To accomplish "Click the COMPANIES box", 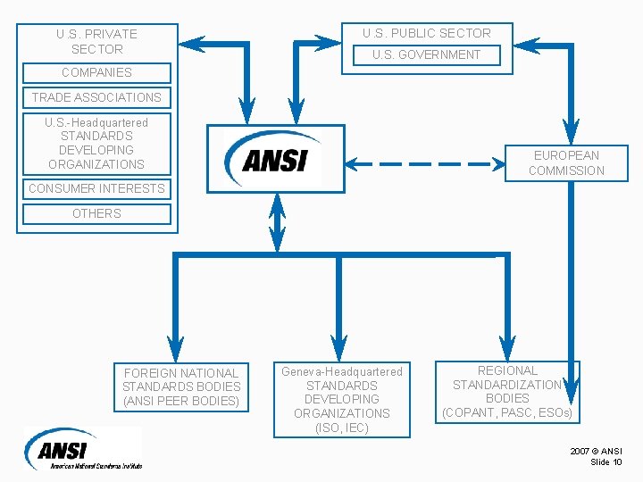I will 96,72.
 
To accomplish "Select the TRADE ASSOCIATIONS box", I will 96,97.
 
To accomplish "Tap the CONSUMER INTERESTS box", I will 96,188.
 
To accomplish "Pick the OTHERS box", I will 96,213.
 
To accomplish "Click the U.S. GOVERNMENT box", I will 426,54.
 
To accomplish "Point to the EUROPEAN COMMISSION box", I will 566,162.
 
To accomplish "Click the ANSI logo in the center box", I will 275,158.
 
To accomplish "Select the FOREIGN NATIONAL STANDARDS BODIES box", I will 181,386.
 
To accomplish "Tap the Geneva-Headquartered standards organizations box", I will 342,399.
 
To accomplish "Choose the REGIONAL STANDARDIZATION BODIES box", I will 507,392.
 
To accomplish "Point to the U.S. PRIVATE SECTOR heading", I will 96,41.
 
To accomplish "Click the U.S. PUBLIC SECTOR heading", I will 426,33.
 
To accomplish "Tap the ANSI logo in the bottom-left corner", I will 80,448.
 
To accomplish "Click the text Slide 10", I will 606,461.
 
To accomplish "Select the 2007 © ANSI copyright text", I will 597,451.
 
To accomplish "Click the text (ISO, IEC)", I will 342,428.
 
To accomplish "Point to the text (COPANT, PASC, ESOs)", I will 507,413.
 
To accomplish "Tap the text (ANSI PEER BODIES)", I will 181,401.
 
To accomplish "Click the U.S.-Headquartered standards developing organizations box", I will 96,143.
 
